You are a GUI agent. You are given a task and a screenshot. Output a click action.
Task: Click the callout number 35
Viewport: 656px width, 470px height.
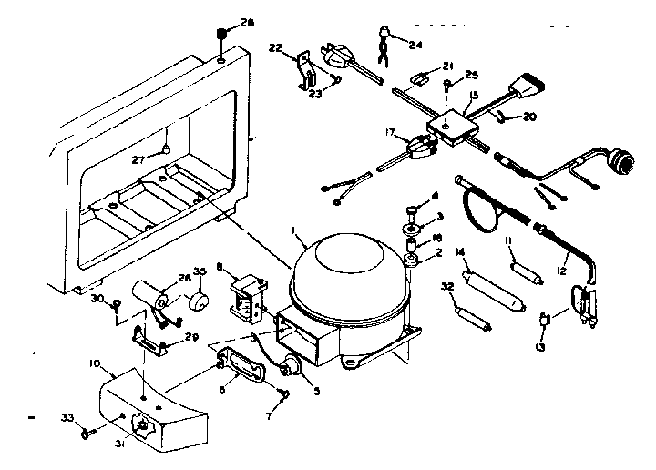click(x=201, y=271)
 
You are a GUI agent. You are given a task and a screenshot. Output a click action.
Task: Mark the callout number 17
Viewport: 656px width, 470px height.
click(x=389, y=133)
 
